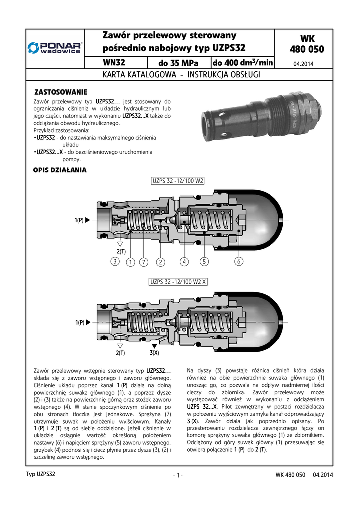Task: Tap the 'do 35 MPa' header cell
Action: [178, 63]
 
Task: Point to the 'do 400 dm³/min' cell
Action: [243, 63]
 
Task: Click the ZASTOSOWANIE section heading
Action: [60, 92]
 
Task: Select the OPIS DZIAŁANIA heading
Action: [60, 170]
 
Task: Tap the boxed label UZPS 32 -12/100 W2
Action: [178, 181]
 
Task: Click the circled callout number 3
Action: [115, 261]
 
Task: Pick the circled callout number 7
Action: [143, 261]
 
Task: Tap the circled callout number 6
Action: [239, 261]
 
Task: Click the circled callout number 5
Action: [204, 261]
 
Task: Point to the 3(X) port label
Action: [154, 353]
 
